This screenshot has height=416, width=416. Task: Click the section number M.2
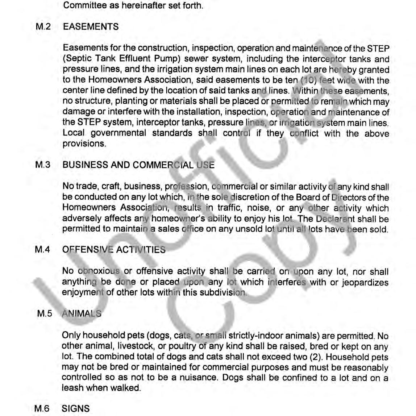point(43,27)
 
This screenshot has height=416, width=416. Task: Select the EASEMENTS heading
point(91,27)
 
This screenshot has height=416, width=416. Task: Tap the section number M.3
point(43,165)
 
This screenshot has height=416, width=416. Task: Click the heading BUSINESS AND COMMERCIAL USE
point(138,165)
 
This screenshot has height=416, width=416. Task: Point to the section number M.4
point(42,250)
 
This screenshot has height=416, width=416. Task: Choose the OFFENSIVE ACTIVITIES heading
point(114,250)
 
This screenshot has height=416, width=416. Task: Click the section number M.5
point(45,313)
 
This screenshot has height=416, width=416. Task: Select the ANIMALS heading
point(82,313)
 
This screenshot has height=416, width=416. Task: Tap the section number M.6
point(42,408)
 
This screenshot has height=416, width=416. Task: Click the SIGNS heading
point(76,408)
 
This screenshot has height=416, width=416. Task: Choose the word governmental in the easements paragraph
point(118,133)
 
